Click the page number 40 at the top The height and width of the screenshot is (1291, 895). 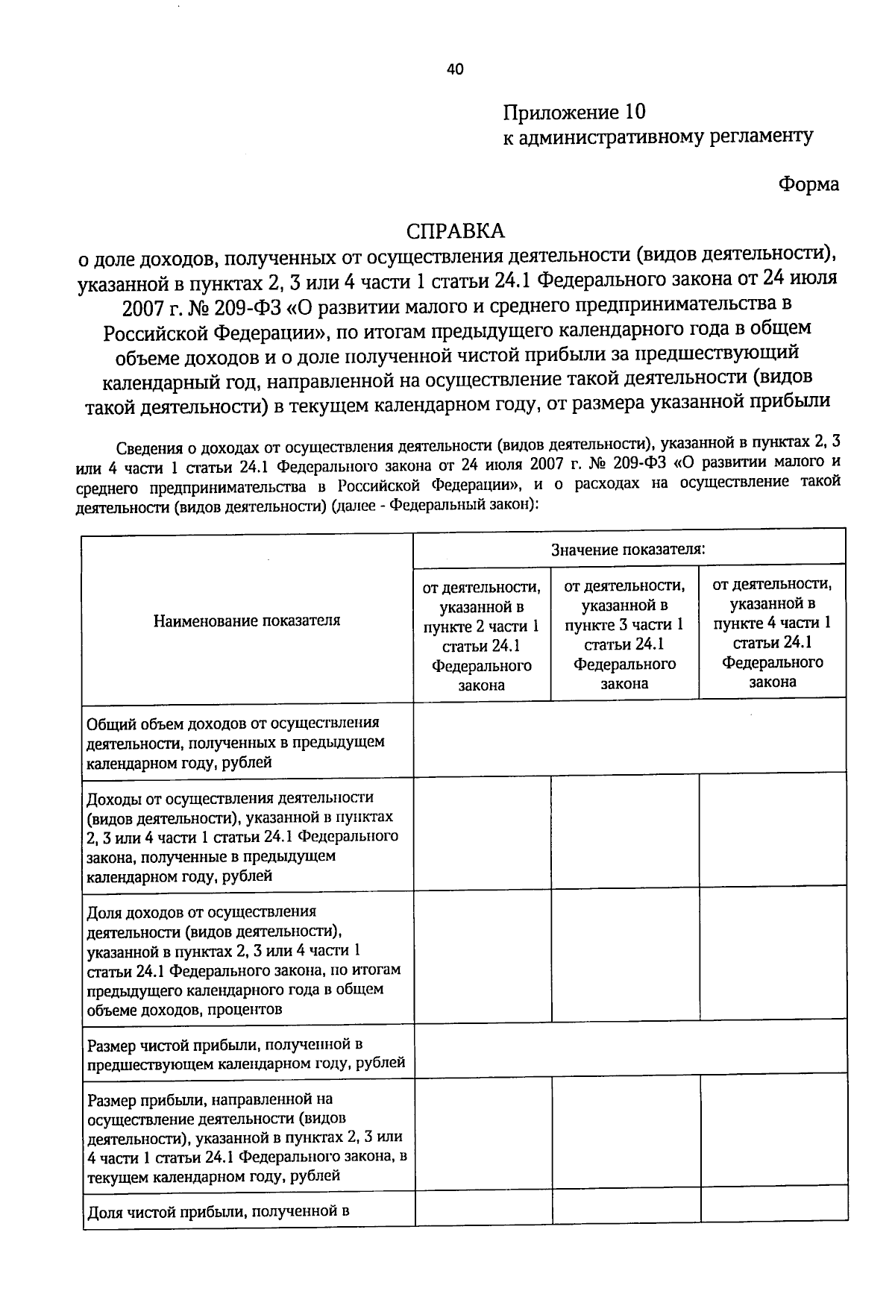[455, 69]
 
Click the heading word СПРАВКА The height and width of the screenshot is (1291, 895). [455, 230]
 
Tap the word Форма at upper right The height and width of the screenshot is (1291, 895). [808, 184]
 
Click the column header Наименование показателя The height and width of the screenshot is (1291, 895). [247, 620]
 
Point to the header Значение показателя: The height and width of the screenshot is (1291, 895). [629, 550]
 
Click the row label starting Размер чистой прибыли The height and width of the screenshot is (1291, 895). [246, 1053]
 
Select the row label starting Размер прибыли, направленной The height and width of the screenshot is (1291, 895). [246, 1137]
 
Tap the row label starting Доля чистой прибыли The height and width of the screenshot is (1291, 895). [219, 1211]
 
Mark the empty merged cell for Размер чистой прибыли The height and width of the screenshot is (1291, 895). [629, 1047]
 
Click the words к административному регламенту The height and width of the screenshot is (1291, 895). [658, 136]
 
